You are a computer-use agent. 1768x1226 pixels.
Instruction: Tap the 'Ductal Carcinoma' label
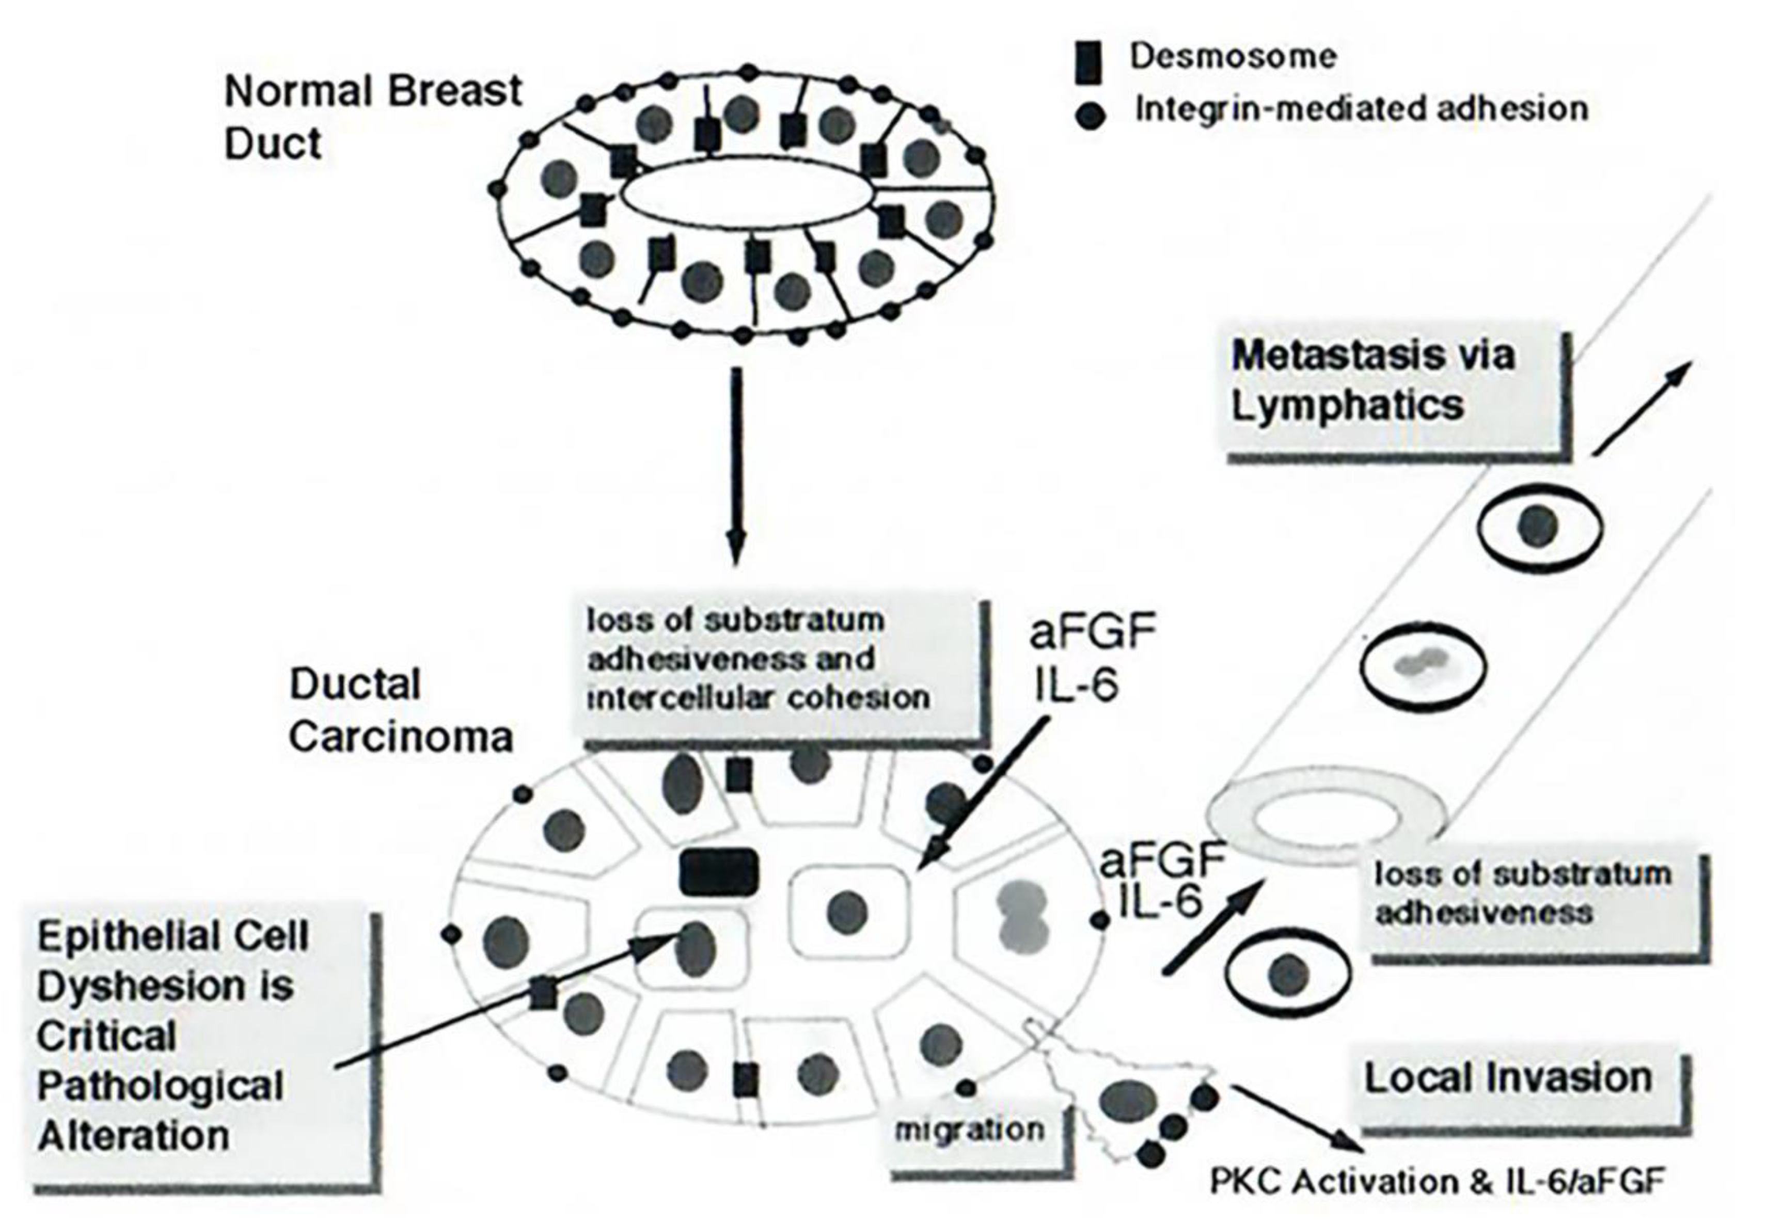(x=400, y=710)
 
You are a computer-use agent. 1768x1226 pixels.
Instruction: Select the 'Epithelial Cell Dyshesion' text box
(x=203, y=1048)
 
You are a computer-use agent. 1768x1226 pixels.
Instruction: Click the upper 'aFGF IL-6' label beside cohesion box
(x=1091, y=657)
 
